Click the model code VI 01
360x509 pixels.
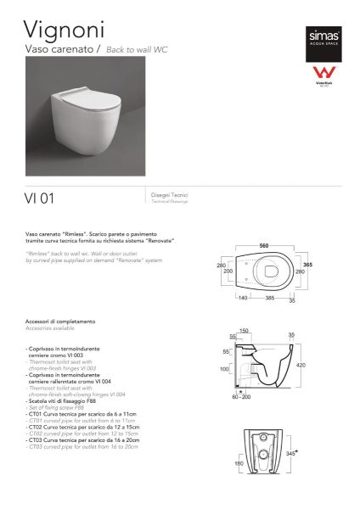(38, 199)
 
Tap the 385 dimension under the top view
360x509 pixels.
(269, 299)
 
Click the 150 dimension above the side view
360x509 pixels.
(245, 330)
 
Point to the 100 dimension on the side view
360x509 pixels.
(225, 370)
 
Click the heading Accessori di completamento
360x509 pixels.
(61, 322)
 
